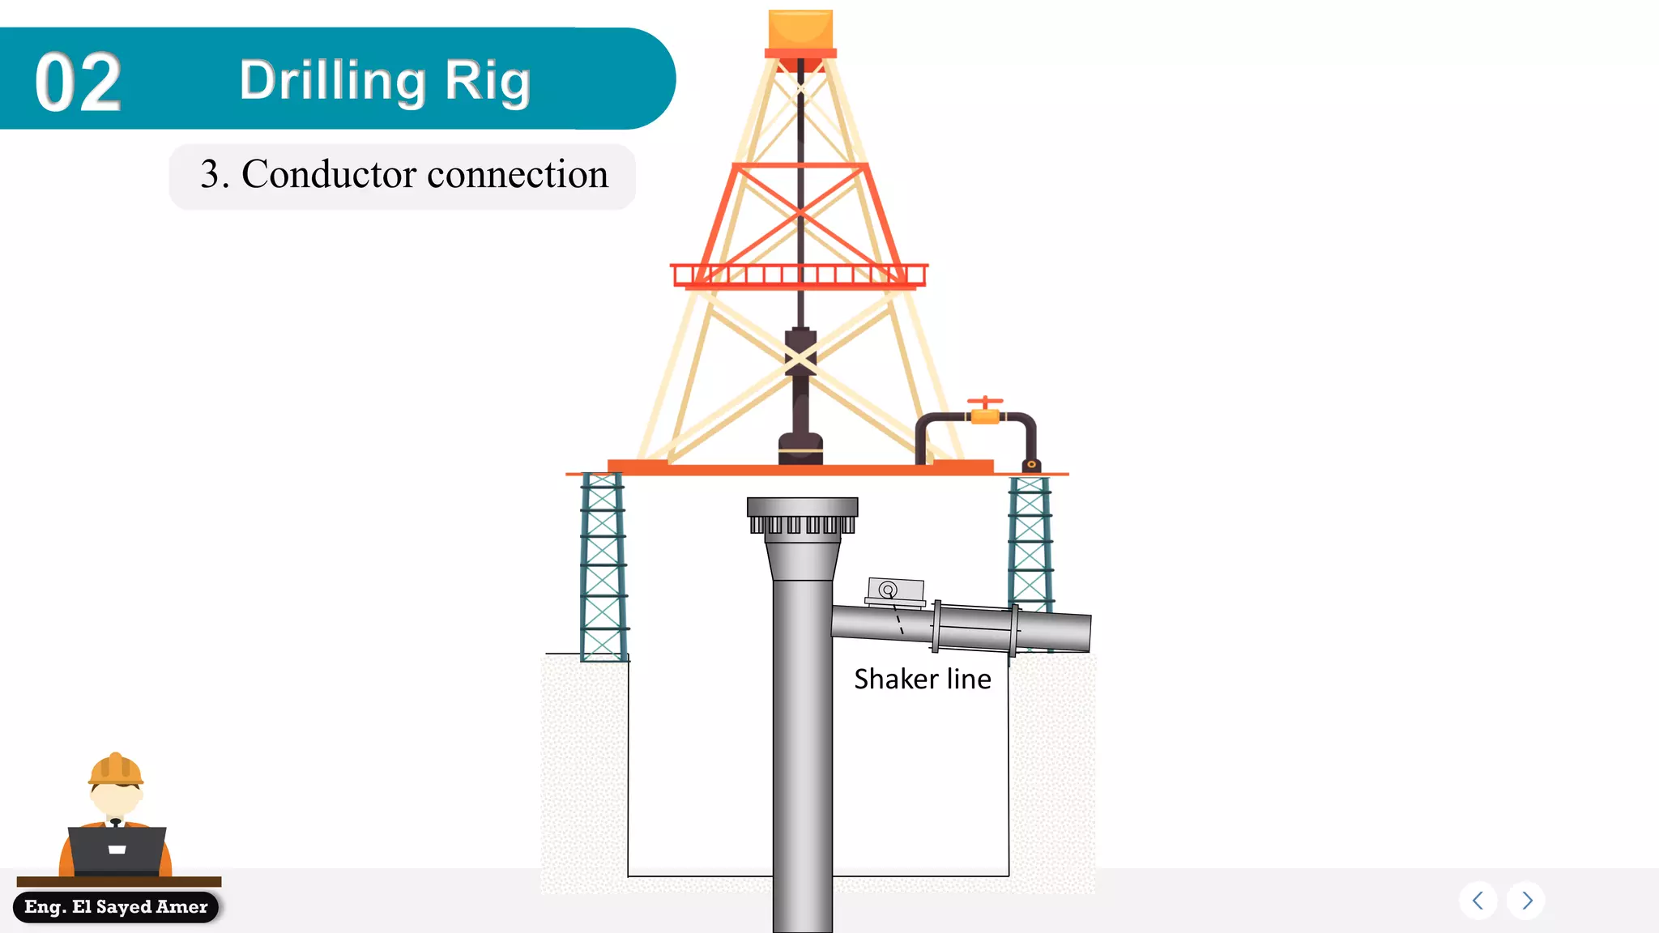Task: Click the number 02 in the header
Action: (79, 82)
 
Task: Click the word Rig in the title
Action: (487, 81)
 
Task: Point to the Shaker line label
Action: (922, 679)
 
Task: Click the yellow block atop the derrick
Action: (800, 29)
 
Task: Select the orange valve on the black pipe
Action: (985, 414)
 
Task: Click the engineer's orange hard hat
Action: (116, 769)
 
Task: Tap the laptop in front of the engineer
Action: (117, 850)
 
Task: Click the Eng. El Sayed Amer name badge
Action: (116, 907)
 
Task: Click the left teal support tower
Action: (603, 567)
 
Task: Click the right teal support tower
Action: (1030, 543)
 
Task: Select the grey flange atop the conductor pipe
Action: (802, 515)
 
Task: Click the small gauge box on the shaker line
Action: (894, 591)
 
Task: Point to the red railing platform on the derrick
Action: (799, 275)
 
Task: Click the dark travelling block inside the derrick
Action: (800, 356)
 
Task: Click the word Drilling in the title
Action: (332, 81)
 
